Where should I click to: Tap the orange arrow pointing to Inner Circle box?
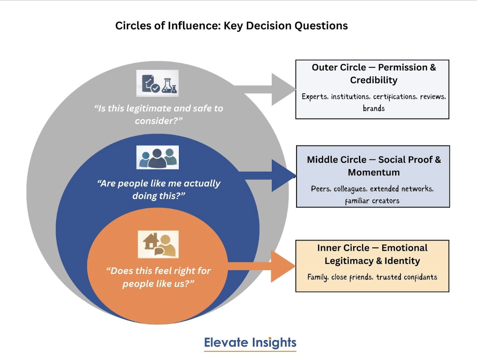point(267,266)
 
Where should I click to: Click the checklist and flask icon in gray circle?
point(157,83)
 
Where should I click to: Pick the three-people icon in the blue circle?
point(157,157)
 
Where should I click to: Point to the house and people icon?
point(158,244)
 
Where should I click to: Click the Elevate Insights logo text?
point(250,343)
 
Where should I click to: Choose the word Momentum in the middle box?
point(373,172)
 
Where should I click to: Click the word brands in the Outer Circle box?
point(373,108)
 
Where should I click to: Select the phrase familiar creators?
point(372,201)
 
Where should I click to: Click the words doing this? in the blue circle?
point(159,196)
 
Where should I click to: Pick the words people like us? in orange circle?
point(158,284)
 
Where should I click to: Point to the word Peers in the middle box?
point(320,189)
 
